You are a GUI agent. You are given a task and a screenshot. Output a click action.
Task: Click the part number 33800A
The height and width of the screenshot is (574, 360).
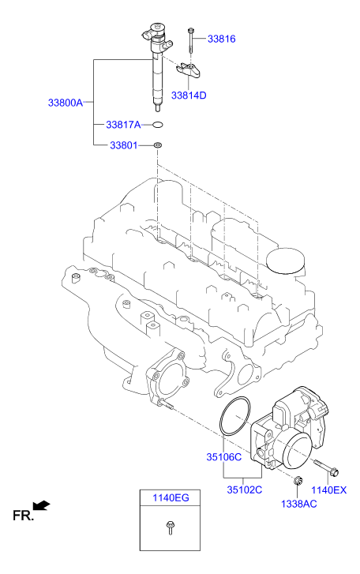pos(65,103)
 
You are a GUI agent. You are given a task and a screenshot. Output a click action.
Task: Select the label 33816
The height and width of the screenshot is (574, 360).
pos(221,38)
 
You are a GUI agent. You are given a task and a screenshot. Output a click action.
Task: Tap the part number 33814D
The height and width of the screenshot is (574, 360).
pos(189,95)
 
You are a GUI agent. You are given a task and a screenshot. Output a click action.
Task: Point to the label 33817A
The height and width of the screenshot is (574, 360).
pos(123,125)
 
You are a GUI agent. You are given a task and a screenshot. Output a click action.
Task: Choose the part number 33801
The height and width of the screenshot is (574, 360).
pos(123,145)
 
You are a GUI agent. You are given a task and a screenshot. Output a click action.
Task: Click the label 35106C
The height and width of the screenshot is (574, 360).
pos(224,457)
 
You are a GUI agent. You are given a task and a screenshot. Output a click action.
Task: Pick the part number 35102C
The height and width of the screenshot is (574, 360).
pos(245,490)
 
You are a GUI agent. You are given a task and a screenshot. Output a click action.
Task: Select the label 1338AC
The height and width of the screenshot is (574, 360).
pos(299,504)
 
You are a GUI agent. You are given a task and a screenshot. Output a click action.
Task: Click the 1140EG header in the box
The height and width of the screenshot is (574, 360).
pos(171,497)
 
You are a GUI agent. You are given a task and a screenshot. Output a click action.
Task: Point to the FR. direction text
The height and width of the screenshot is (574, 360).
pos(22,516)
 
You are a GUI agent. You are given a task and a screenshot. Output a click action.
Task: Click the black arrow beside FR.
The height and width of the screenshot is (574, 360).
pos(43,505)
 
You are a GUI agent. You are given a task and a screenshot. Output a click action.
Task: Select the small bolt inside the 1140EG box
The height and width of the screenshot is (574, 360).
pos(171,530)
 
